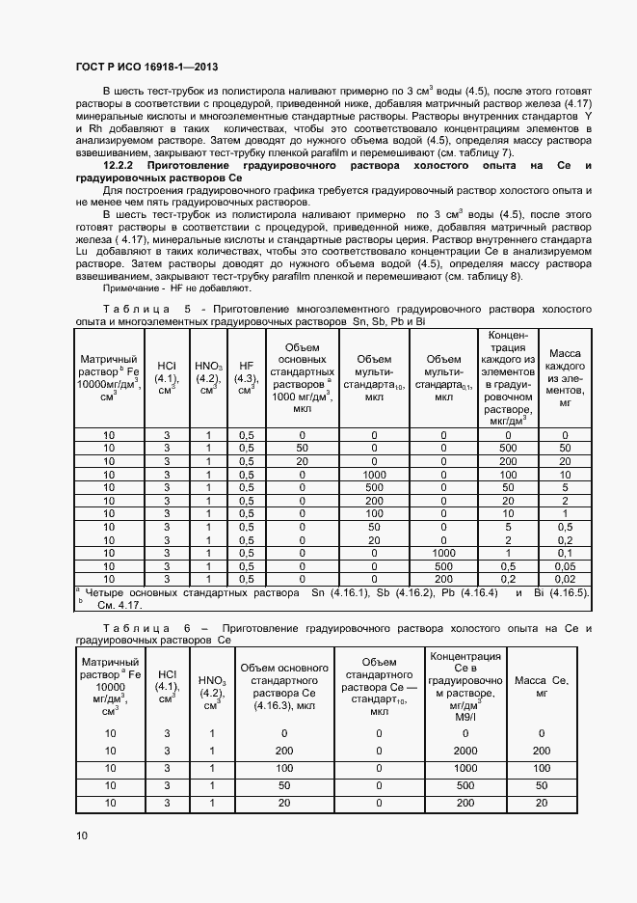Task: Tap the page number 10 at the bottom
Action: point(82,835)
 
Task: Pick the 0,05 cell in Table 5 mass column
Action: point(566,565)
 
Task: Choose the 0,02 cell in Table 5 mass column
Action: point(566,579)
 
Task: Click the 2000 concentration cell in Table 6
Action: point(465,750)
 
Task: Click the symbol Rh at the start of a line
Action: point(94,127)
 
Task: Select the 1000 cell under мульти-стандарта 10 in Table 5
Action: point(373,475)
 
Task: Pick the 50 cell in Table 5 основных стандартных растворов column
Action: point(302,448)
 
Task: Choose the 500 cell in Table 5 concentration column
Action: point(506,448)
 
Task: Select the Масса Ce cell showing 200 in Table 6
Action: point(542,750)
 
